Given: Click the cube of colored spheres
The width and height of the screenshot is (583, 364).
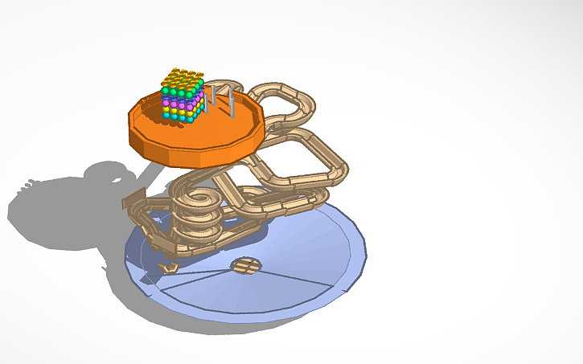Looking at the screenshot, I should click(x=182, y=95).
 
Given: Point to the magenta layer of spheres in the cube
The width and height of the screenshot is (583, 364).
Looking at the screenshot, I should click(x=180, y=102).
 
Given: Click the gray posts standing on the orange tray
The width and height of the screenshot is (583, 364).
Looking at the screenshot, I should click(x=221, y=100).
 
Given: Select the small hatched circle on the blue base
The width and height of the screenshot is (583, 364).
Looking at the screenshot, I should click(x=245, y=264).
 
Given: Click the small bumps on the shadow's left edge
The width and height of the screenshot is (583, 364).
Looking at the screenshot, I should click(x=27, y=184).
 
